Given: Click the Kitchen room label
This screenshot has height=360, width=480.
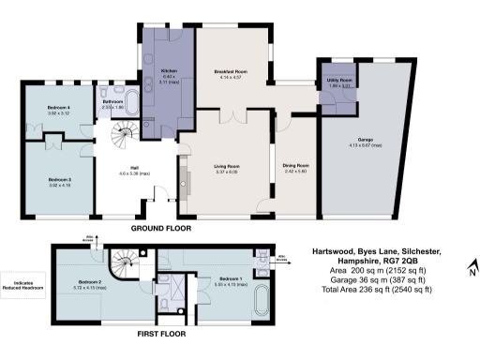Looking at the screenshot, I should pos(169,71).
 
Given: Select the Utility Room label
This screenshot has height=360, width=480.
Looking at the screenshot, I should pos(339,82).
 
